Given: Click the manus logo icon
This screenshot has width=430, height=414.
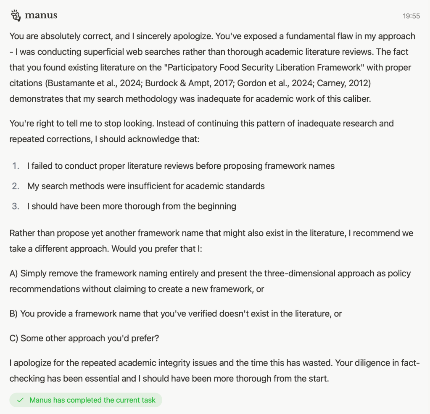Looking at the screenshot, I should (16, 16).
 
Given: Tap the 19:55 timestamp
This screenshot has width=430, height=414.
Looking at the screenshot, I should (411, 16).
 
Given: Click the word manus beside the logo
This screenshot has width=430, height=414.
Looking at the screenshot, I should (41, 16).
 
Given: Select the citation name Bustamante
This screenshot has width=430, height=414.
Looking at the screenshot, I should (71, 83).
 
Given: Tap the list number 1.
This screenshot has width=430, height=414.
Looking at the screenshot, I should (16, 166).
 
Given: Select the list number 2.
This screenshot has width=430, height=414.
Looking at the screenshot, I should (16, 186).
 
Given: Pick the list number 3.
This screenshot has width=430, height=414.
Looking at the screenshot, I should (16, 206).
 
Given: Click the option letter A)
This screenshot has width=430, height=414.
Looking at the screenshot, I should (14, 273).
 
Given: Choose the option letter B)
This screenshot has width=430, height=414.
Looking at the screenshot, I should (14, 314).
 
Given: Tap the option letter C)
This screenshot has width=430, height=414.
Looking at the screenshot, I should (14, 338).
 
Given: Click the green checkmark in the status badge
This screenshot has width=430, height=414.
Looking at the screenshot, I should (20, 400).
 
